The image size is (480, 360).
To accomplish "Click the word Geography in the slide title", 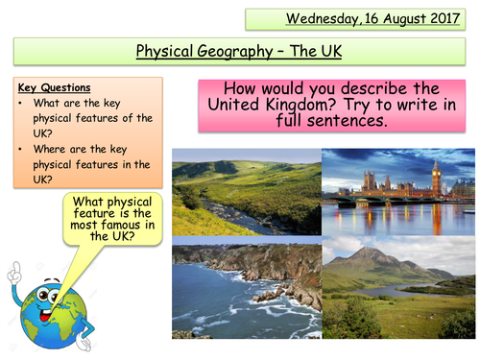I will point(235,50).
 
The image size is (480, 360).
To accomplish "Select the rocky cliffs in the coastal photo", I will point(278,274).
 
